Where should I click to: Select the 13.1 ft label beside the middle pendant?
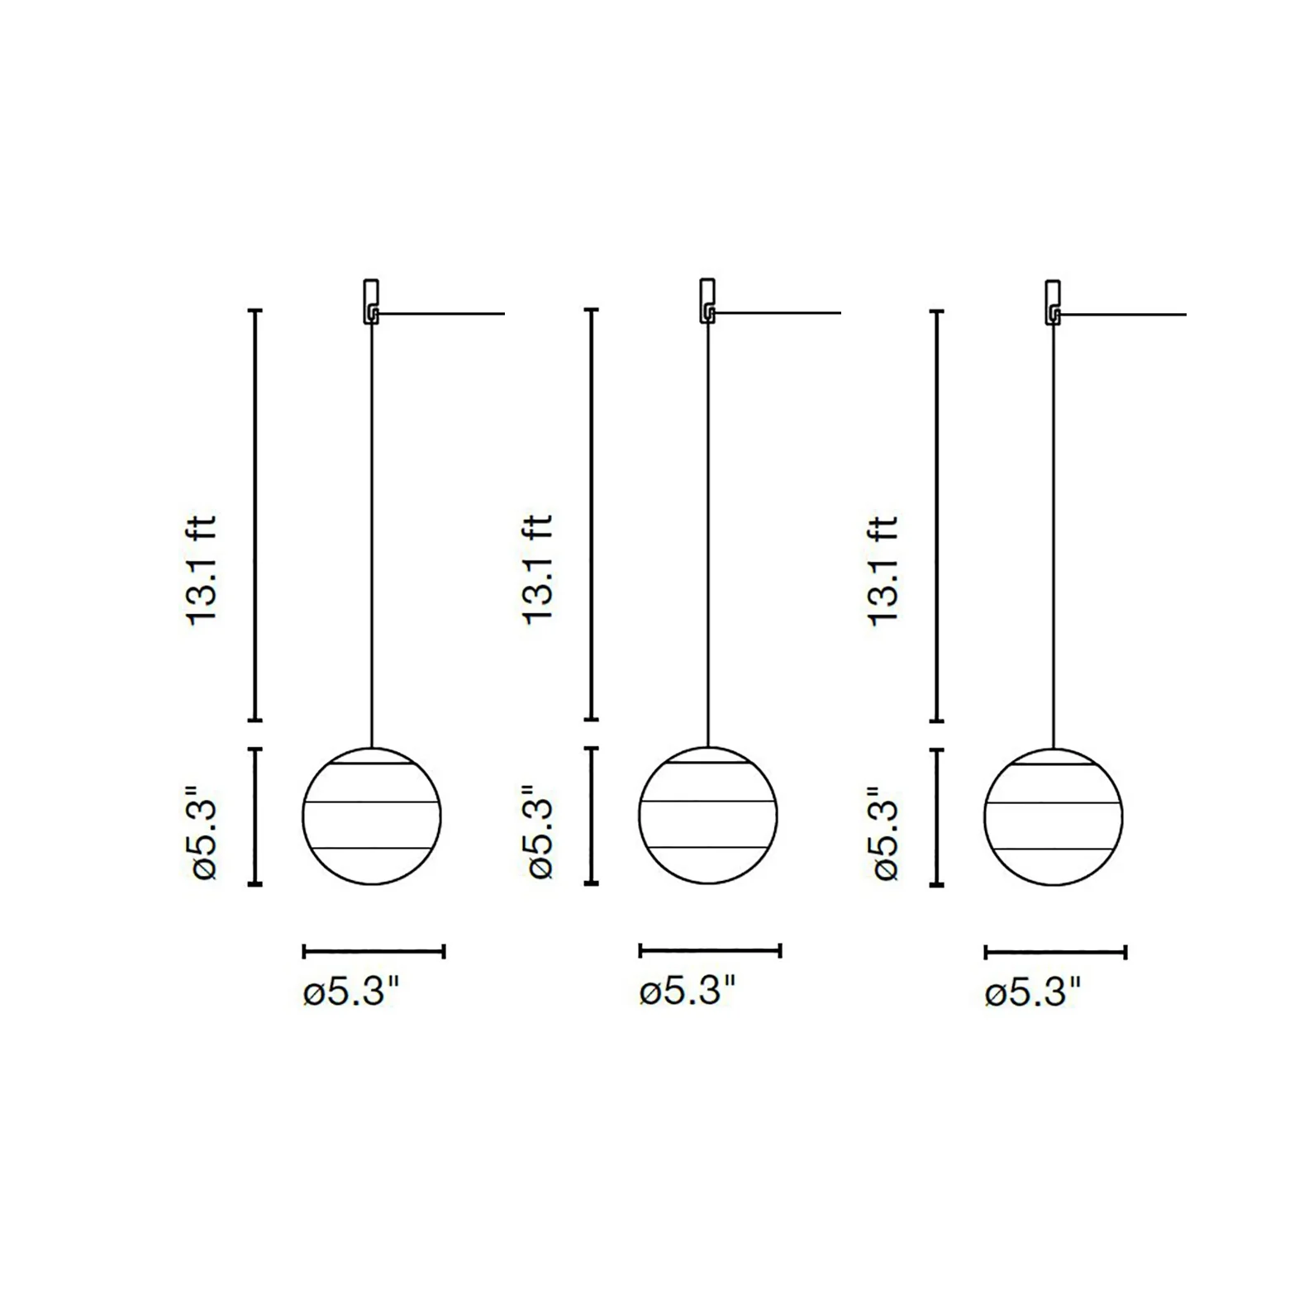click(x=538, y=570)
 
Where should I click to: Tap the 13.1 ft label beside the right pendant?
click(x=883, y=571)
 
